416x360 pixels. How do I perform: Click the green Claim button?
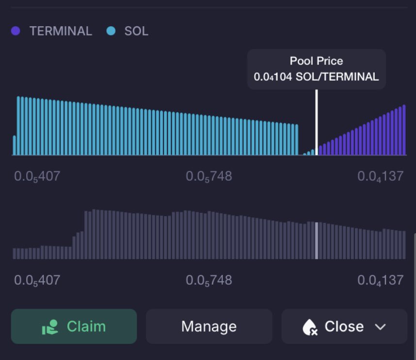click(74, 326)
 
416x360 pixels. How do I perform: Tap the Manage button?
click(209, 326)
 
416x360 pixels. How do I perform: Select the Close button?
click(344, 326)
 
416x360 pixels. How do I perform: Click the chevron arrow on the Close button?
click(380, 327)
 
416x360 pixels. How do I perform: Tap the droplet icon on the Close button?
click(310, 327)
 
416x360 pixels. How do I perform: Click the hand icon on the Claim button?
click(50, 327)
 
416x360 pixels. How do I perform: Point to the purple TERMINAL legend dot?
click(16, 31)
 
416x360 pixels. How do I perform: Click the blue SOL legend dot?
click(111, 31)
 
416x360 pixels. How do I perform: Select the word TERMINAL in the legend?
click(61, 31)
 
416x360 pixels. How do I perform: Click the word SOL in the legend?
click(136, 31)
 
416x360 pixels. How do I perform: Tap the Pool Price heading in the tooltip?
click(316, 61)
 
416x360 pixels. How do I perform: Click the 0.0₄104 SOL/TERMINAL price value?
click(316, 77)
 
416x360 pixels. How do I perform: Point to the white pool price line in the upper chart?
click(316, 122)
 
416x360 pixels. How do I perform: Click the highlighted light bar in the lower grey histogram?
click(316, 240)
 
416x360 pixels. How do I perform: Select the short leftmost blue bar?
click(15, 145)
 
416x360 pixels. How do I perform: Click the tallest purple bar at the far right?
click(404, 130)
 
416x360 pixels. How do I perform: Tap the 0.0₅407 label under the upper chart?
click(37, 176)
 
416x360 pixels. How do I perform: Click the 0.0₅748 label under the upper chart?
click(209, 176)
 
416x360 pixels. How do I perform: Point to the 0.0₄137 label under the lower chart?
click(381, 280)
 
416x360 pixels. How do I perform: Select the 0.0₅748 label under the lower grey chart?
click(209, 280)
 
